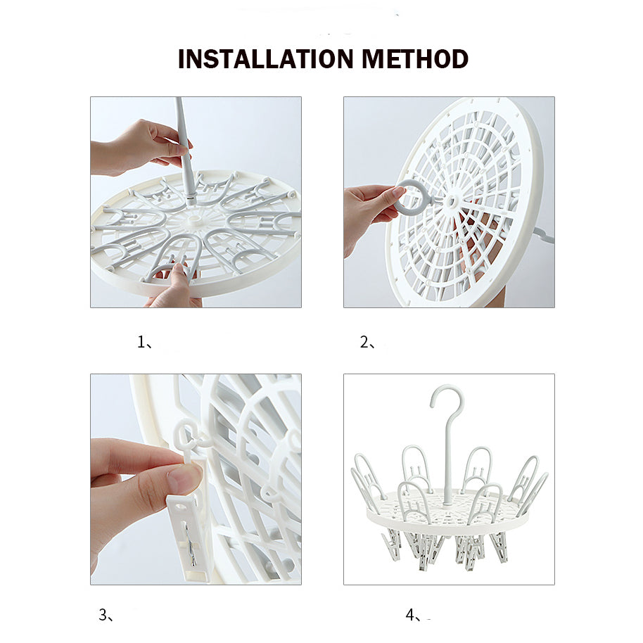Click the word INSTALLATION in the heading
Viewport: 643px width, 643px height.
pyautogui.click(x=266, y=59)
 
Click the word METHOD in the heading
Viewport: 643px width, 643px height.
pyautogui.click(x=415, y=59)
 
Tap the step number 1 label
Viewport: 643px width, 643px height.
pyautogui.click(x=141, y=342)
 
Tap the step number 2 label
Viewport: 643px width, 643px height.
pyautogui.click(x=364, y=342)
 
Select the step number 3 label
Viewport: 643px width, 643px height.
pyautogui.click(x=103, y=615)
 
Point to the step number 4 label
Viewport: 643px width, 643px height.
pyautogui.click(x=410, y=615)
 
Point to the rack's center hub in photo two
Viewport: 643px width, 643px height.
pyautogui.click(x=452, y=201)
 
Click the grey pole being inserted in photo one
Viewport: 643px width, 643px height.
pyautogui.click(x=184, y=151)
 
